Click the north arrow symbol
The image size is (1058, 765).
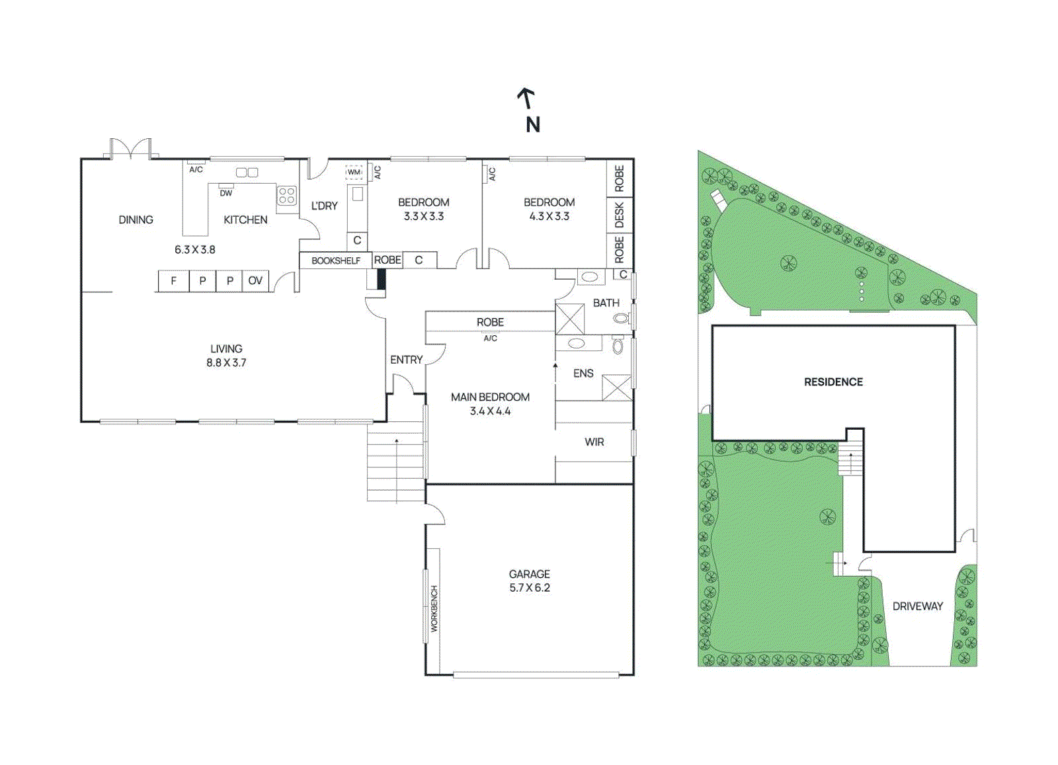pyautogui.click(x=526, y=99)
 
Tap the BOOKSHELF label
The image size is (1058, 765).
pyautogui.click(x=335, y=261)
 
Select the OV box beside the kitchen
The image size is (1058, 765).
pyautogui.click(x=255, y=280)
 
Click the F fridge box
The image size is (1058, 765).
pyautogui.click(x=173, y=280)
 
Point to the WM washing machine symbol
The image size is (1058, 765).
pyautogui.click(x=354, y=172)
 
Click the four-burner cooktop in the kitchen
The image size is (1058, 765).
pyautogui.click(x=287, y=195)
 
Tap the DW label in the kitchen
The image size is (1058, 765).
pyautogui.click(x=226, y=193)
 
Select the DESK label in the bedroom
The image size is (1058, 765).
pyautogui.click(x=620, y=215)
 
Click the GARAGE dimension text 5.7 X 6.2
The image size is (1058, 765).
pyautogui.click(x=529, y=588)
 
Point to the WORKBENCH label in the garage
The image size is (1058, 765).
pyautogui.click(x=434, y=608)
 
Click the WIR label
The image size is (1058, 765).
pyautogui.click(x=594, y=442)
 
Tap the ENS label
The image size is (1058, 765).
pyautogui.click(x=583, y=374)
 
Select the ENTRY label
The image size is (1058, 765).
pyautogui.click(x=406, y=360)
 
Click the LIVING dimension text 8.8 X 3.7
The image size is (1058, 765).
pyautogui.click(x=226, y=362)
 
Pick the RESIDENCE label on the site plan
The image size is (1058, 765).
pyautogui.click(x=833, y=382)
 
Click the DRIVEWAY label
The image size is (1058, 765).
pyautogui.click(x=917, y=606)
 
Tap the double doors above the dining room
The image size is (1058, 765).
pyautogui.click(x=131, y=149)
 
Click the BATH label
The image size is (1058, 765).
pyautogui.click(x=606, y=303)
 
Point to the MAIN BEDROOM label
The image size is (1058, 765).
pyautogui.click(x=490, y=397)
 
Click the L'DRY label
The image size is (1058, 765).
pyautogui.click(x=324, y=206)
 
